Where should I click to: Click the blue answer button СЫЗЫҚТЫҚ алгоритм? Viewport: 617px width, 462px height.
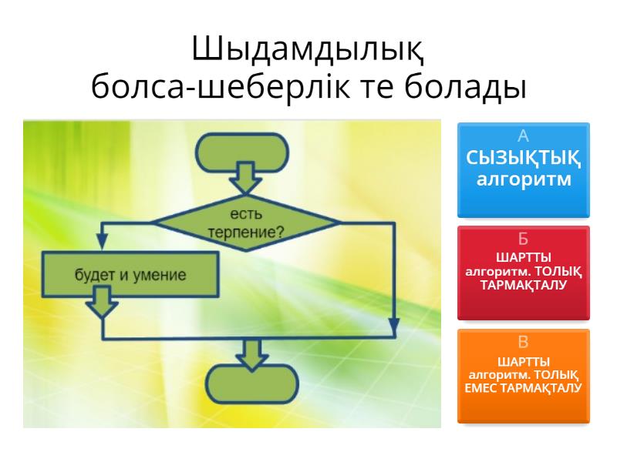[x=524, y=169]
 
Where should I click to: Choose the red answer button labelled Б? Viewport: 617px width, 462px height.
[x=524, y=273]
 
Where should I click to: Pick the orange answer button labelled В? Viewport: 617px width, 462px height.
[x=524, y=376]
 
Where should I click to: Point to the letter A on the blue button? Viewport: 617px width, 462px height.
[x=524, y=137]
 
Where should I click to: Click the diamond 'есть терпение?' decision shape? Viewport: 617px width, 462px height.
[x=246, y=223]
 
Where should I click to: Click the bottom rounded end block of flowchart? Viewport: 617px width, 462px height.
[x=250, y=385]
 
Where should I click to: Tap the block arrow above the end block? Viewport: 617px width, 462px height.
[x=250, y=352]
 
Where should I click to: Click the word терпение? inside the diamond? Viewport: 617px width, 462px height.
[x=246, y=231]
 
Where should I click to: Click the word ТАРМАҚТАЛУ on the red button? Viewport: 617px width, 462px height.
[x=524, y=284]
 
